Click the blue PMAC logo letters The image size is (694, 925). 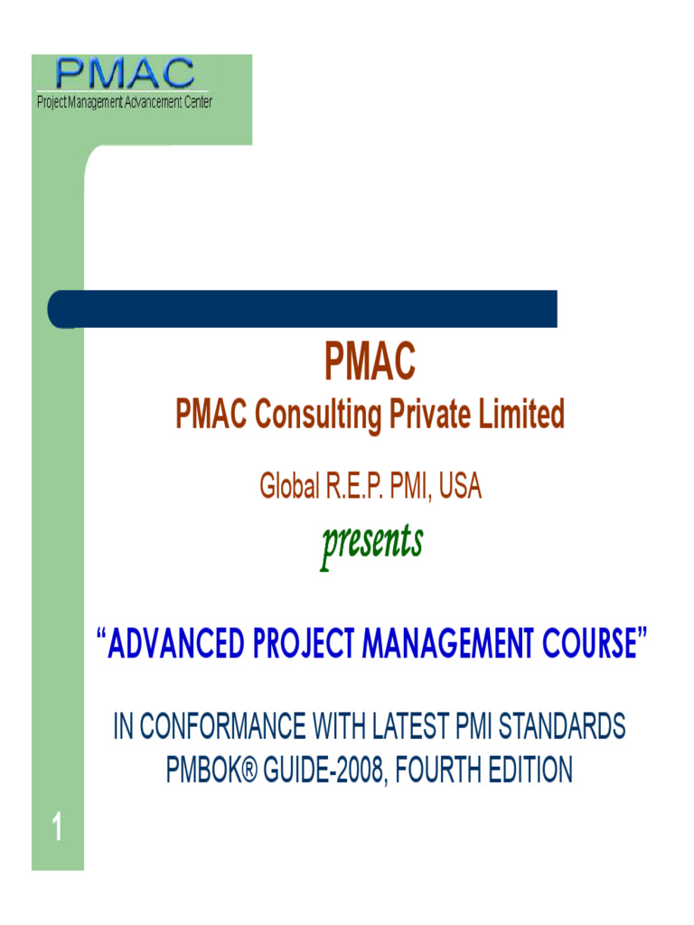(x=125, y=74)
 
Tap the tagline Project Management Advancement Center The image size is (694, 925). (x=125, y=102)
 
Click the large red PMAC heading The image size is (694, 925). (x=370, y=363)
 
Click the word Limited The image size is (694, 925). (x=522, y=416)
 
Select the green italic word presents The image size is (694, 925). (x=370, y=543)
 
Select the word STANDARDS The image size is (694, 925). (x=562, y=727)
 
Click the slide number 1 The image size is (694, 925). (x=57, y=827)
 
